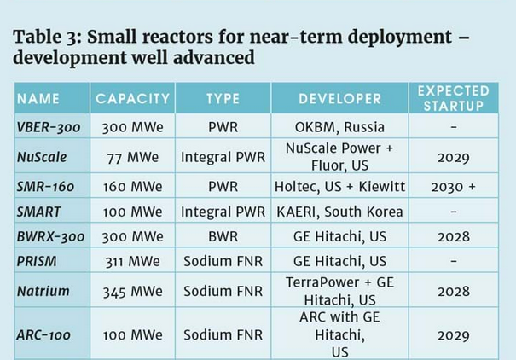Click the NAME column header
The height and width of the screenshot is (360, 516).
pyautogui.click(x=38, y=99)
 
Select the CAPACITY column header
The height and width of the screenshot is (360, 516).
pyautogui.click(x=134, y=99)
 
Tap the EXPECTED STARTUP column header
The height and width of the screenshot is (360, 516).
pyautogui.click(x=453, y=98)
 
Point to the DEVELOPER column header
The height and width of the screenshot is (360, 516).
pyautogui.click(x=339, y=99)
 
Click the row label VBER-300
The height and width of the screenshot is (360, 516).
pyautogui.click(x=49, y=126)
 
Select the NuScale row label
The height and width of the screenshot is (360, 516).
pyautogui.click(x=42, y=157)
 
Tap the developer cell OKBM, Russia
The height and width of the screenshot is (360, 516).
pyautogui.click(x=339, y=126)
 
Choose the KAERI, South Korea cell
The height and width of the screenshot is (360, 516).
pyautogui.click(x=339, y=212)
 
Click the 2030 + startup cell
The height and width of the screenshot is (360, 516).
pyautogui.click(x=453, y=187)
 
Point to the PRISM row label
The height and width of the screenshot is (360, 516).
pyautogui.click(x=37, y=261)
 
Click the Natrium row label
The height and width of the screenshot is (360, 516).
pyautogui.click(x=43, y=292)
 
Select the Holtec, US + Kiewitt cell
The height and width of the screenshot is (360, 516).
pyautogui.click(x=339, y=187)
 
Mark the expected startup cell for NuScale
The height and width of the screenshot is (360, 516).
pyautogui.click(x=453, y=157)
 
